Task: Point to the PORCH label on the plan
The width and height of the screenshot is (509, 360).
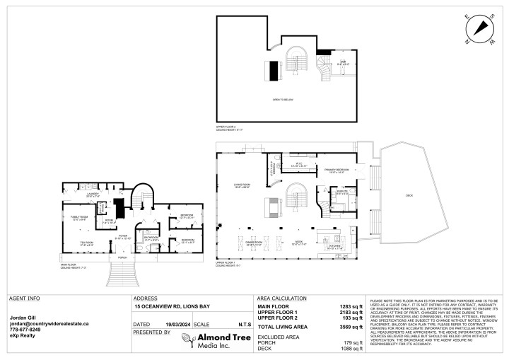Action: [123, 257]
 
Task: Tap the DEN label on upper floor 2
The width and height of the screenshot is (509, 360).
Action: [342, 63]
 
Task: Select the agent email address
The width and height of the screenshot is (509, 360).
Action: [49, 323]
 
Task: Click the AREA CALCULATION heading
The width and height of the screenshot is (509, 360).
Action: [281, 298]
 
